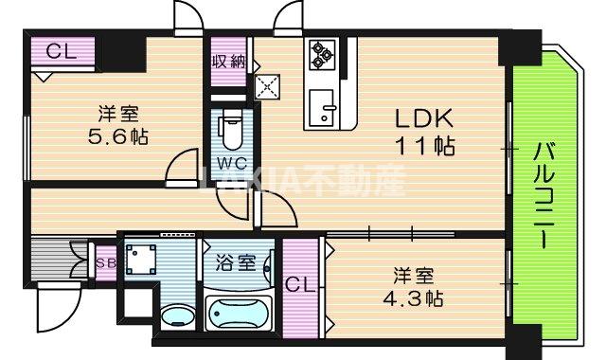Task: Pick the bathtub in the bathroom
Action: point(238,313)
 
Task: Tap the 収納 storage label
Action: point(227,61)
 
